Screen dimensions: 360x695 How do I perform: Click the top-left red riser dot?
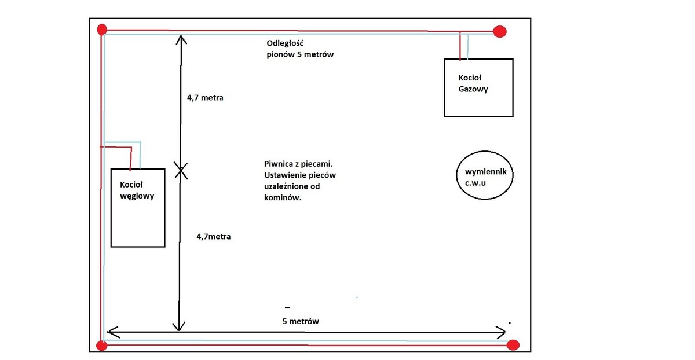pyautogui.click(x=102, y=29)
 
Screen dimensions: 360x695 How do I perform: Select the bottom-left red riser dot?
pyautogui.click(x=101, y=346)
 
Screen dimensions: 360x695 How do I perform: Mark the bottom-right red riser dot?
pyautogui.click(x=513, y=345)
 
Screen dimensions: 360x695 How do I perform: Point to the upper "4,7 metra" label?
pyautogui.click(x=205, y=98)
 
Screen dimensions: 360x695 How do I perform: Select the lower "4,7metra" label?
pyautogui.click(x=214, y=236)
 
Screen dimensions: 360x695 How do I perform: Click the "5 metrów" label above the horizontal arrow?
pyautogui.click(x=301, y=321)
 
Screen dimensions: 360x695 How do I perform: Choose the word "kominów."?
pyautogui.click(x=283, y=197)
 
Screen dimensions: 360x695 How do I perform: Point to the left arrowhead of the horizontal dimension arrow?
pyautogui.click(x=110, y=332)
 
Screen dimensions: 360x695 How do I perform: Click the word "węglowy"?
pyautogui.click(x=137, y=196)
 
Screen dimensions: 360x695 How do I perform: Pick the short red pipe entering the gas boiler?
pyautogui.click(x=460, y=46)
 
